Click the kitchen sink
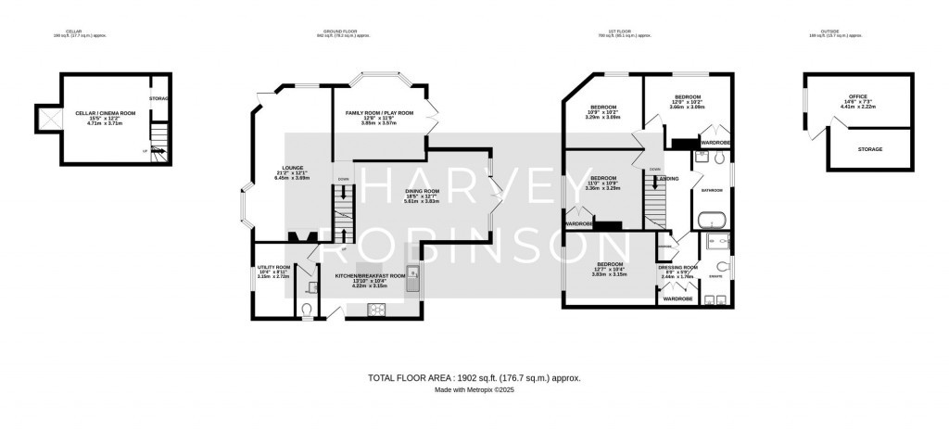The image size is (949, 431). click(412, 275)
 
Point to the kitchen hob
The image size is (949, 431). click(377, 310)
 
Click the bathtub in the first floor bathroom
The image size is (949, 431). click(711, 221)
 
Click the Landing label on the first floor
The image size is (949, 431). click(669, 179)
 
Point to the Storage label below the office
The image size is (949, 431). click(869, 148)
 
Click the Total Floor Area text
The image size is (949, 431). click(474, 378)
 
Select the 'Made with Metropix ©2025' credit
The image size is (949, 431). click(474, 390)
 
